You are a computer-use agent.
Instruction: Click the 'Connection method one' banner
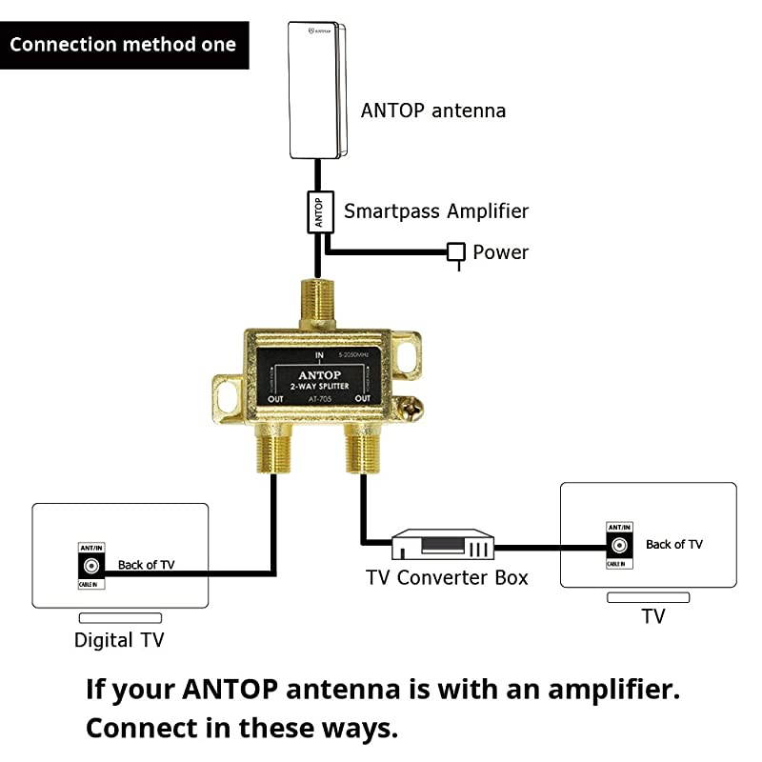coord(124,45)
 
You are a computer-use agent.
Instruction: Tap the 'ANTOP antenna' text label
coord(433,110)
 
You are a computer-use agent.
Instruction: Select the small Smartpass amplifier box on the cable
coord(319,211)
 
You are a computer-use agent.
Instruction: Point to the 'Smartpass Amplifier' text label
coord(436,211)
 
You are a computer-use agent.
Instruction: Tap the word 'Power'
coord(501,252)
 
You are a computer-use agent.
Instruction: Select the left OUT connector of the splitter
coord(274,448)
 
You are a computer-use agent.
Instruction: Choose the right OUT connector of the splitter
coord(362,448)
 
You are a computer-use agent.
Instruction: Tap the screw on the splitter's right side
coord(409,409)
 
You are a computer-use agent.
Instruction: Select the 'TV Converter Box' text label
coord(448,577)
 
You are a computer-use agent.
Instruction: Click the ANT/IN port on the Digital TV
coord(91,565)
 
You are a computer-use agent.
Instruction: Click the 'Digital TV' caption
coord(119,640)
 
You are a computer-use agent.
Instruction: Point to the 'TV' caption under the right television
coord(652,616)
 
